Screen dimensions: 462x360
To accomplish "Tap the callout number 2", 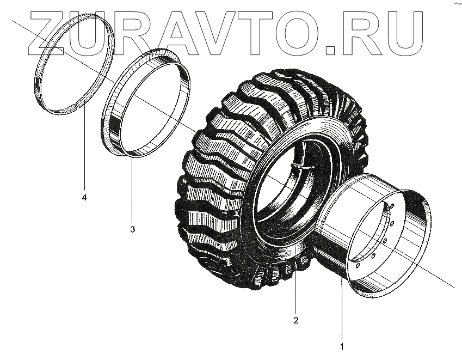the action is click(x=296, y=320).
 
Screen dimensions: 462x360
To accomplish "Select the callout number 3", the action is click(x=132, y=229).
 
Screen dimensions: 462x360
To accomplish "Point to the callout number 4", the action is click(x=84, y=197).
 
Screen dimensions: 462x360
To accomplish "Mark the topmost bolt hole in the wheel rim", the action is click(x=392, y=205).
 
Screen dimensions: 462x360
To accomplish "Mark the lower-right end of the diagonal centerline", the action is click(x=453, y=286).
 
